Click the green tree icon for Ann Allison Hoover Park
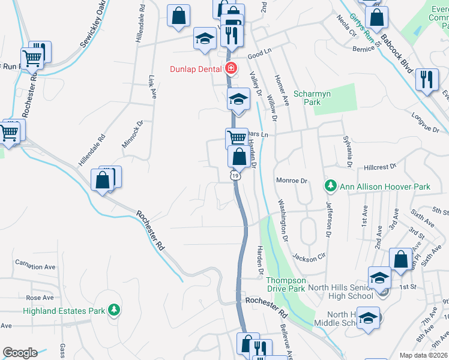330,187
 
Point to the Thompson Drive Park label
286,284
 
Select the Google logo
20,353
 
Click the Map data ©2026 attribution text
424,355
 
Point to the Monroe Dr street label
291,180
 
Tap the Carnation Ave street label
35,266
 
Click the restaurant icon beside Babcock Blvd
426,80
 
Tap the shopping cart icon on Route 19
236,137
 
